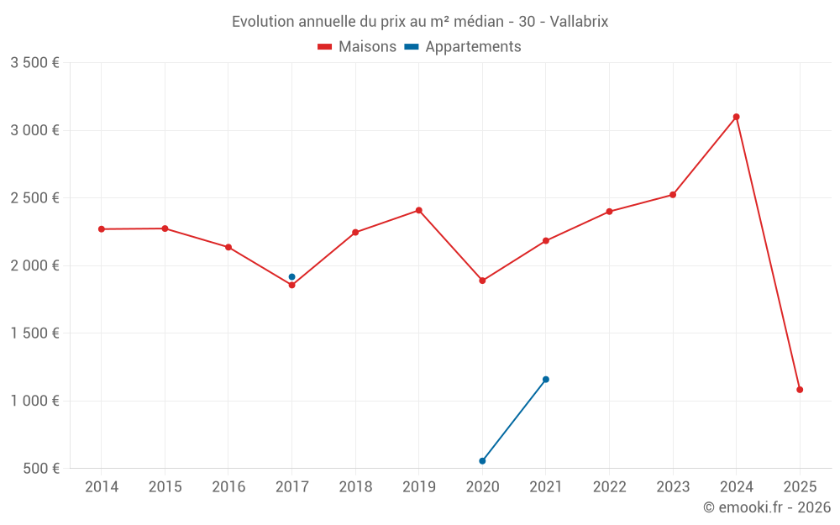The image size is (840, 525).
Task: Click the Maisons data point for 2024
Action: pos(736,117)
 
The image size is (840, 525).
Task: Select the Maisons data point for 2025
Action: pos(800,390)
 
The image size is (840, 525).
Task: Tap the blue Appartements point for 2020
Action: pos(482,461)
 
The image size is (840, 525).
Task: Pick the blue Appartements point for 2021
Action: pos(546,380)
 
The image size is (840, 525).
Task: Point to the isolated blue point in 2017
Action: pos(291,277)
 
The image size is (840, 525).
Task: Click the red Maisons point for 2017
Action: pos(291,286)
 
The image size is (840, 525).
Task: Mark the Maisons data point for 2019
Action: pos(418,210)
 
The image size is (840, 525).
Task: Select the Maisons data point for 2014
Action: pos(102,229)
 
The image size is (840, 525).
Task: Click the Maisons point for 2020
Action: pos(482,281)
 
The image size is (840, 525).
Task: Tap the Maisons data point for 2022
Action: pos(609,212)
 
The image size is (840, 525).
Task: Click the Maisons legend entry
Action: pos(357,47)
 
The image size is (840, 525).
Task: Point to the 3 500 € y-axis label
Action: pos(34,63)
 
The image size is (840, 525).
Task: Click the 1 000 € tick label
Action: pos(34,401)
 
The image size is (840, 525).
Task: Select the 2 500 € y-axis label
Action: pos(34,198)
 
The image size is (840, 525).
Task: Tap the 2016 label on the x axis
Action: pos(228,487)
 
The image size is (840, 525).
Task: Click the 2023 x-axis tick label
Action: pos(673,487)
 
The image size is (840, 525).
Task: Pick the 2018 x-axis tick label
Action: pos(355,487)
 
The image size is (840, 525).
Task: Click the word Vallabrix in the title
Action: pos(579,22)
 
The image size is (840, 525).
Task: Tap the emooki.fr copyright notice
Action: pos(767,507)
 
